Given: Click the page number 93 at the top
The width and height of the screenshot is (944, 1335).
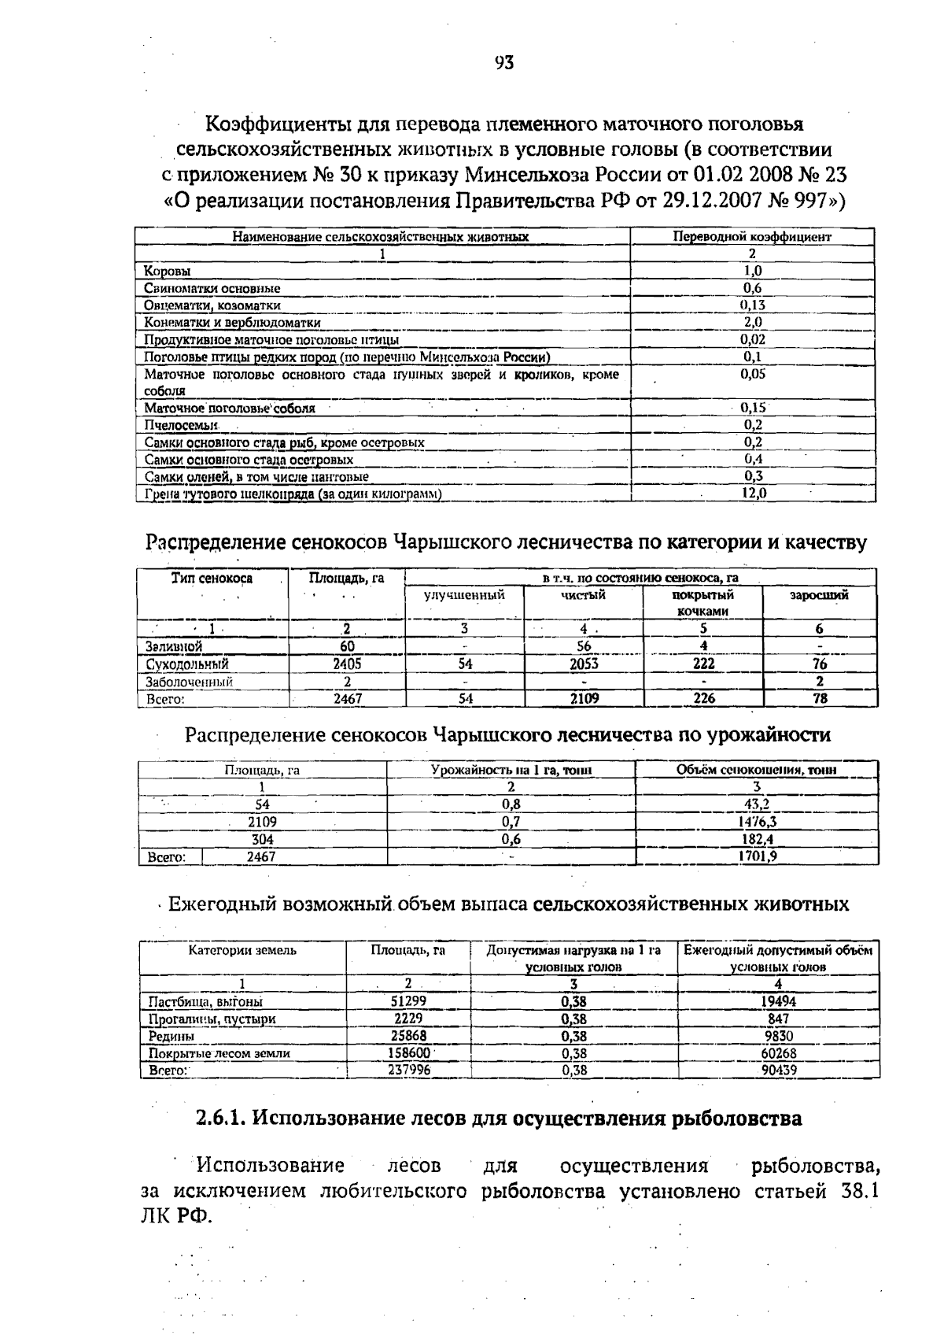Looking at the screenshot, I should point(504,63).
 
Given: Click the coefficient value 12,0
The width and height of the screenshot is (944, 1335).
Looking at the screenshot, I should point(753,494).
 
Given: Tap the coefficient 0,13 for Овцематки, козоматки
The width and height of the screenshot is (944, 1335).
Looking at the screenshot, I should point(753,305).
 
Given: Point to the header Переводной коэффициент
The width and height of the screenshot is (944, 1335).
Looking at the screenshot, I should point(752,236).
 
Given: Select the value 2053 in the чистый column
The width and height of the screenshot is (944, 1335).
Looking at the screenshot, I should point(584,664).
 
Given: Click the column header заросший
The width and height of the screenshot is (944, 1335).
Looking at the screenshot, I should point(819,595).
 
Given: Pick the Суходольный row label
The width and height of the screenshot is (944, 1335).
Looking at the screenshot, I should point(186,664).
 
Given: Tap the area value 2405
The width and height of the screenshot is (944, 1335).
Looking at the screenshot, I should point(347,664).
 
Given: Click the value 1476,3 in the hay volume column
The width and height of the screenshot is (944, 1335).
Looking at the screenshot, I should point(756,822).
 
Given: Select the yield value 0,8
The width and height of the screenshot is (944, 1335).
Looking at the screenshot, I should point(511,804).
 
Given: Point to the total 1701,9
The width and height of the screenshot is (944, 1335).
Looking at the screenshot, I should point(757,856).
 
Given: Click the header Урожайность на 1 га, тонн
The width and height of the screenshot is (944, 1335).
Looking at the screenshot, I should point(511,770).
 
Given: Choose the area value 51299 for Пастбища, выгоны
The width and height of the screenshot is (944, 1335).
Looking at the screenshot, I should point(408,1001).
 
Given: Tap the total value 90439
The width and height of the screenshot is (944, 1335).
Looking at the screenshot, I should point(778,1071).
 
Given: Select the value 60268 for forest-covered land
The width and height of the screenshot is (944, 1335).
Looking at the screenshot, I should point(778,1053).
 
